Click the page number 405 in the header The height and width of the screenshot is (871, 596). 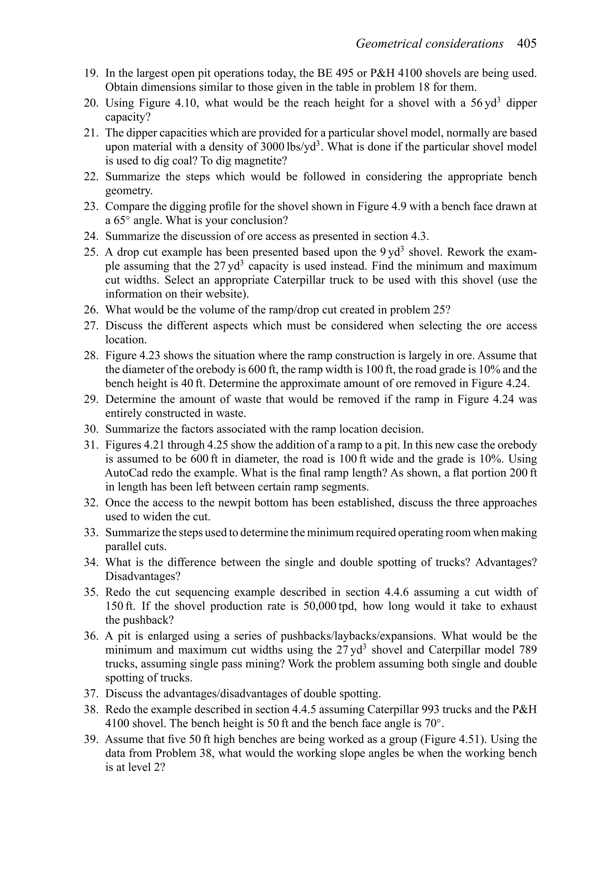[x=527, y=44]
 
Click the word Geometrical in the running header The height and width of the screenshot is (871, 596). [x=388, y=44]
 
